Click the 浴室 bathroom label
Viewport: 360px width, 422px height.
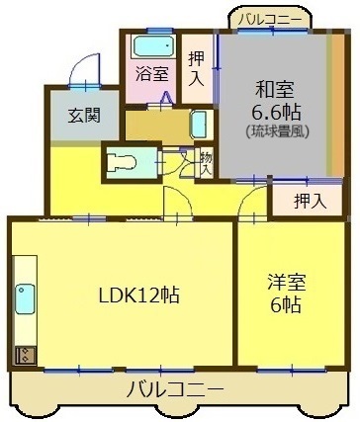pos(152,74)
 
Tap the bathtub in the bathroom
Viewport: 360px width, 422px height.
pos(153,46)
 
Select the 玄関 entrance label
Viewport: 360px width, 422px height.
pos(84,115)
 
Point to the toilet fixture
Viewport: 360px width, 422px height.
pos(122,162)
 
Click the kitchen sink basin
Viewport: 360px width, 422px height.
pos(25,298)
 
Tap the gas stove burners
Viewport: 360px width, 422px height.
pos(25,355)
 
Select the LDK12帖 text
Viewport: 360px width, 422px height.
pos(139,295)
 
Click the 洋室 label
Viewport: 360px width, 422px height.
pos(287,283)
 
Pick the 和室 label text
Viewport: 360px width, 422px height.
pos(275,89)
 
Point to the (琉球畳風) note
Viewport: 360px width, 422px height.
pos(278,131)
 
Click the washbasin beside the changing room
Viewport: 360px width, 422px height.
pos(200,125)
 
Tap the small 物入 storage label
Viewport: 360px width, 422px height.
pos(206,164)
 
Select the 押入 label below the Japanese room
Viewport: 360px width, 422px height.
pos(311,202)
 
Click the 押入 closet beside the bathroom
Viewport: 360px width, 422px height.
pos(197,69)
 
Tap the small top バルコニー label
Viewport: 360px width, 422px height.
pos(270,20)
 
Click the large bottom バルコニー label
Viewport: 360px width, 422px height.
pos(175,388)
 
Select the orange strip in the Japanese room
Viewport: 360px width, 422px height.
pos(337,105)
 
